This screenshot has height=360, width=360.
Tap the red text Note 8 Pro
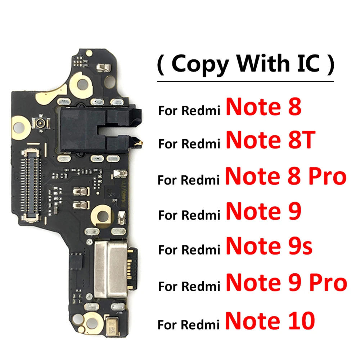coord(285,176)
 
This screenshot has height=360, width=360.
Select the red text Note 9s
coord(269,247)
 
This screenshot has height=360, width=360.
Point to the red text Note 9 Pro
coord(286,283)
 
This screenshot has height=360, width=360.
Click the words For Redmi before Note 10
coord(189,324)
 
